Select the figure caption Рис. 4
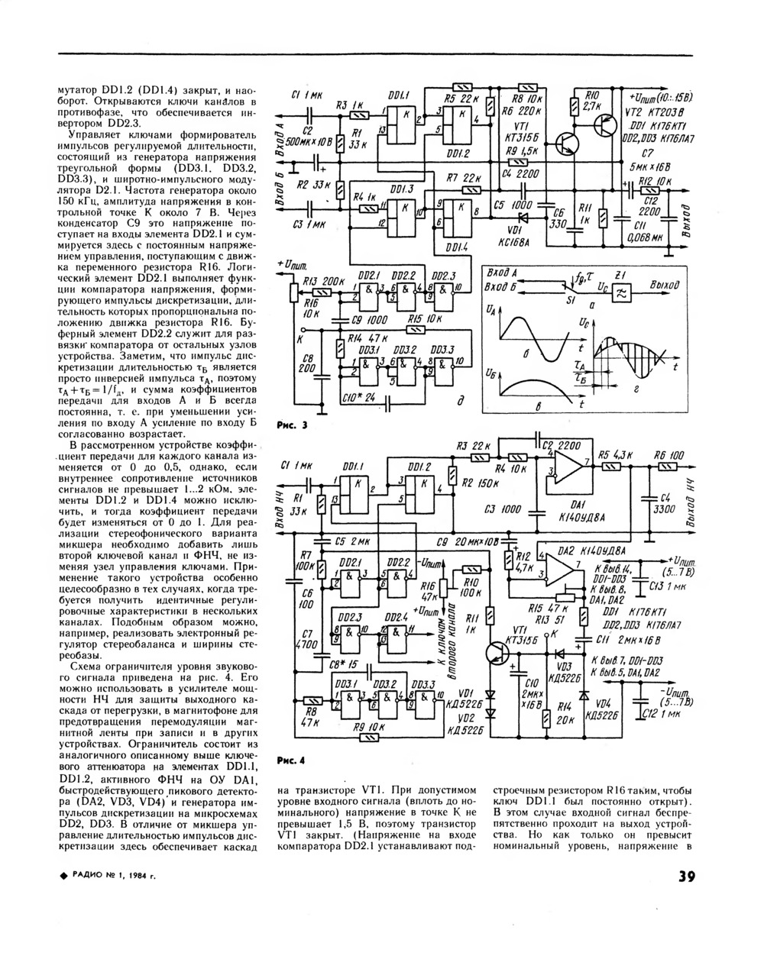(290, 760)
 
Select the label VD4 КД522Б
(604, 709)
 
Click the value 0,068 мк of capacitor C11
(646, 239)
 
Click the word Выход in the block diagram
(664, 284)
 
